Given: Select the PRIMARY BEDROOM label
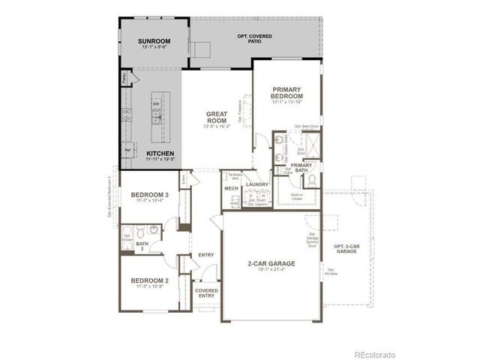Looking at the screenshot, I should pos(287,93).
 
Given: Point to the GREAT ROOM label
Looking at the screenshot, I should pos(217,117).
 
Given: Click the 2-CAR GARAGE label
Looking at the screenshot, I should pos(271,264).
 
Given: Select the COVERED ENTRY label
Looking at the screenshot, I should pos(206,293).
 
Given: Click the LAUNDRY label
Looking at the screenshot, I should pos(256,184).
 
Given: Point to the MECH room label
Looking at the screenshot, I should pos(231,188).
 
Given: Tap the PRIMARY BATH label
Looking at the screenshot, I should pos(301,167).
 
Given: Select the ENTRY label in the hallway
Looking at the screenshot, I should pos(206,255).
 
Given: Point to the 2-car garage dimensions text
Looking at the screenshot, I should pos(271,271).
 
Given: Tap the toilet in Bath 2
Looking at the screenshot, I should pos(152,230).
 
